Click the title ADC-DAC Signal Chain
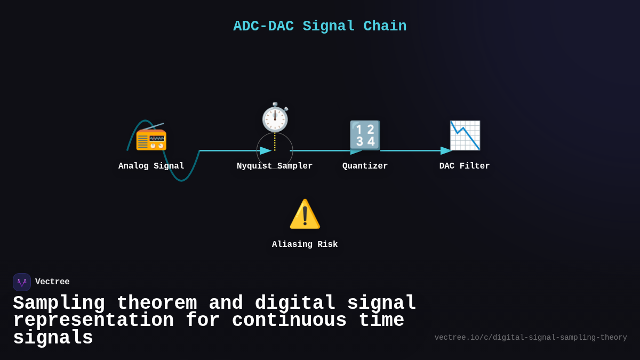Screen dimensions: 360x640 [x=319, y=26]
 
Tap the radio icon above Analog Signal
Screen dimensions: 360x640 [x=151, y=137]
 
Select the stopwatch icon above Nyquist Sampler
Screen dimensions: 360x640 [x=275, y=117]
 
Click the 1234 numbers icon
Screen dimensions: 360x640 [x=365, y=135]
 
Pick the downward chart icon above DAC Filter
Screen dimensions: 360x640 [x=465, y=135]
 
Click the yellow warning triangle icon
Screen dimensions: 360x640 [x=305, y=214]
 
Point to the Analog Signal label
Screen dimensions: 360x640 [x=151, y=166]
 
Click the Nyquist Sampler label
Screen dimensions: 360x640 [x=275, y=166]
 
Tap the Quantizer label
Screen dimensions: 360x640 [x=365, y=166]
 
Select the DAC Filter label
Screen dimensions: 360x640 [x=465, y=166]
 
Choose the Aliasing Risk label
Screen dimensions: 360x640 [x=305, y=244]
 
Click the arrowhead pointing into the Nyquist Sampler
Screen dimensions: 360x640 [x=266, y=150]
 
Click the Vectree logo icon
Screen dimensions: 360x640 [x=22, y=282]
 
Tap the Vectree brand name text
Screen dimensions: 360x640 [x=52, y=282]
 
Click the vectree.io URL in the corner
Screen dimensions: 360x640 [x=530, y=337]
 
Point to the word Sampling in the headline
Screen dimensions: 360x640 [x=59, y=303]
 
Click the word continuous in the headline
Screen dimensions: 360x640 [x=289, y=320]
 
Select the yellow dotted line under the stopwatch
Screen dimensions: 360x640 [x=275, y=141]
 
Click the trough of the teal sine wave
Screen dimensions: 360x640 [x=182, y=180]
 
